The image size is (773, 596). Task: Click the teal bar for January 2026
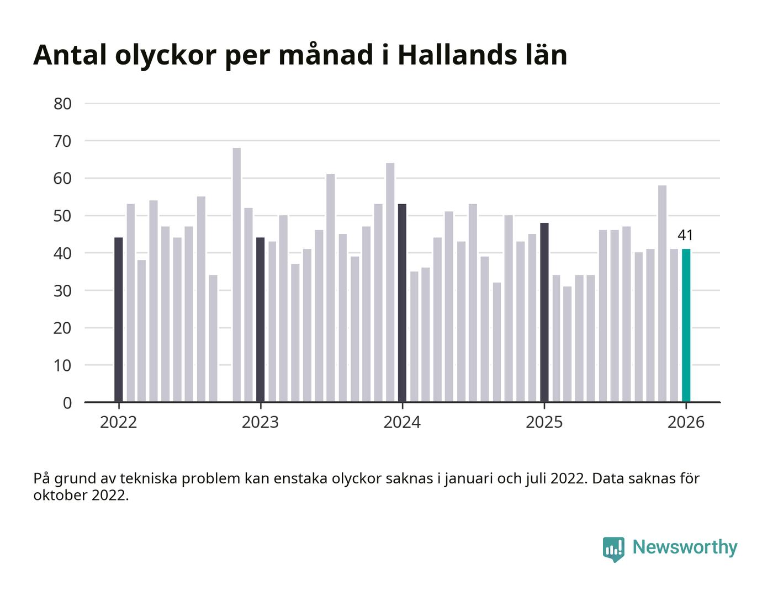click(686, 326)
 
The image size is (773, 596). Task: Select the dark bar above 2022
click(118, 320)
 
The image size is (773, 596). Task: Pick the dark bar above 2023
click(260, 320)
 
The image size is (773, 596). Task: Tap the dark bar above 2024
click(402, 304)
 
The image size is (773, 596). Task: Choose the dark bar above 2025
click(544, 312)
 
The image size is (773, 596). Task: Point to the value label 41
click(685, 235)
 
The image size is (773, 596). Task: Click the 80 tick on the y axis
click(62, 104)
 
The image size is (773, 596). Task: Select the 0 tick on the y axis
click(67, 403)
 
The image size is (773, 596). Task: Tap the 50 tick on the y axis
click(62, 216)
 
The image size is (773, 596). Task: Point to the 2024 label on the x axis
click(402, 423)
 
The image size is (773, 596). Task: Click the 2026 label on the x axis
click(686, 423)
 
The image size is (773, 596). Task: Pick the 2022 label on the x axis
click(118, 423)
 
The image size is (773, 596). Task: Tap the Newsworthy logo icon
click(613, 549)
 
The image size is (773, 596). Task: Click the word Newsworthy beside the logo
click(685, 547)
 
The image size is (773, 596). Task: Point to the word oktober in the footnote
click(60, 495)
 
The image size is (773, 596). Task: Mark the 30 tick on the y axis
click(62, 291)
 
